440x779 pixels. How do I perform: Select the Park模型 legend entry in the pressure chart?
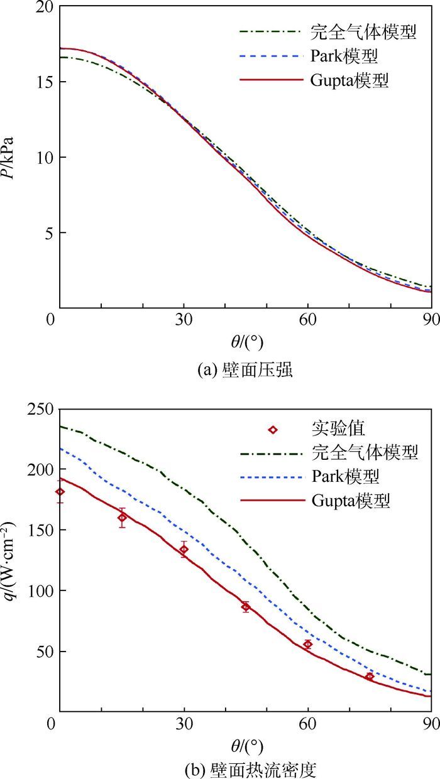click(x=344, y=57)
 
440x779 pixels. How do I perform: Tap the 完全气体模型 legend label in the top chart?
click(x=363, y=32)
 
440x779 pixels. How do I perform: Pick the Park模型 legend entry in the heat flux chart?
click(x=344, y=476)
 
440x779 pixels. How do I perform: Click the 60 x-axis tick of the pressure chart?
click(x=307, y=319)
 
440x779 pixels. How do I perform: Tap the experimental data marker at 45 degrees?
click(x=246, y=607)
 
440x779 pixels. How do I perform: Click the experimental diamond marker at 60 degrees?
click(x=307, y=645)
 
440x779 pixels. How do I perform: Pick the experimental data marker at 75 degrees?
click(x=370, y=677)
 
